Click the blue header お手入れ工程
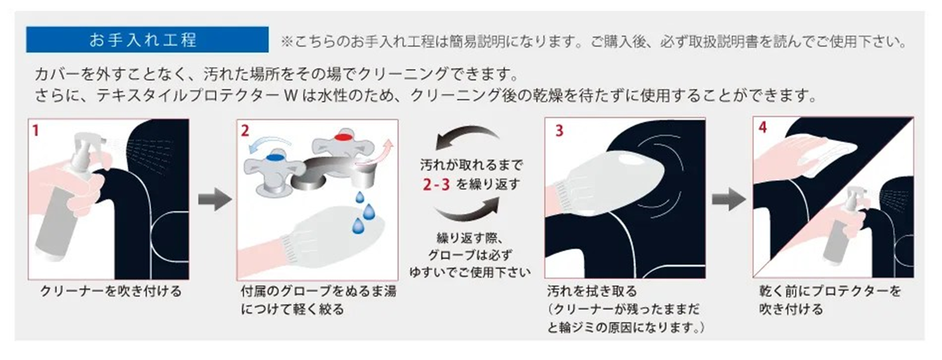[x=147, y=39]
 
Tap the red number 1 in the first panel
[x=36, y=131]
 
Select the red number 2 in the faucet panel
[x=245, y=131]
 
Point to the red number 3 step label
[x=559, y=131]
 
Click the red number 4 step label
[x=762, y=127]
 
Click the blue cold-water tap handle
[x=275, y=157]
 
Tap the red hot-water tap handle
[x=345, y=137]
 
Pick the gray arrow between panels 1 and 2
[x=215, y=199]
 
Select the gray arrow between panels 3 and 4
[x=728, y=199]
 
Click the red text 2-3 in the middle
[x=436, y=184]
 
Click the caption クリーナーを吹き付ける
[x=111, y=291]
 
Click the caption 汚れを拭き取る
[x=592, y=291]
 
